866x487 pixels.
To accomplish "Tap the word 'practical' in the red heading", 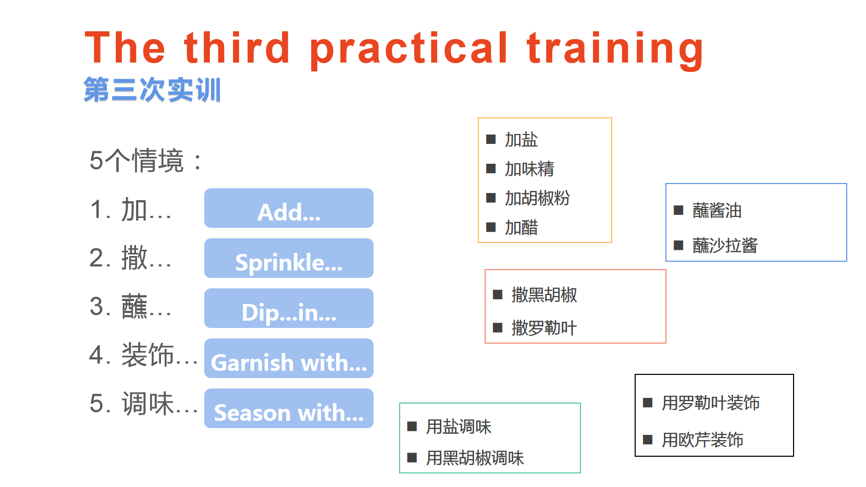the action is (x=409, y=51).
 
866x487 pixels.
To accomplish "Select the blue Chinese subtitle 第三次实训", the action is (x=152, y=89).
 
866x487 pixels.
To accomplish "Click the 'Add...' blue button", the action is (x=289, y=208).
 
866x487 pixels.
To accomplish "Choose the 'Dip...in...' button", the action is (x=289, y=308).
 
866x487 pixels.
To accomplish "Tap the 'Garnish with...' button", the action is (x=289, y=358).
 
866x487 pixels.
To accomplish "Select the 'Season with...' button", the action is (x=289, y=408).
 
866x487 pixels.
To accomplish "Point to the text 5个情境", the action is (x=136, y=160).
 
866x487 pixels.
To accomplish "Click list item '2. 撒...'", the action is (x=130, y=258).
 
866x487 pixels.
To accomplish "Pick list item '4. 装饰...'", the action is (x=143, y=355).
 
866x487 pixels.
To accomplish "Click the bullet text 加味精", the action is (x=529, y=169).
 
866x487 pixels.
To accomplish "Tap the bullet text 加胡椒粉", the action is (x=537, y=198).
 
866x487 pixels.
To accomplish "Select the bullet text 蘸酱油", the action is (x=717, y=211).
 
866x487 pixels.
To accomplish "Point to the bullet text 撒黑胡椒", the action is (x=545, y=295).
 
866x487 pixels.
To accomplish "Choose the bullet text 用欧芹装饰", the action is (x=702, y=440).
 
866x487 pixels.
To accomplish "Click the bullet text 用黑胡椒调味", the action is (x=475, y=458).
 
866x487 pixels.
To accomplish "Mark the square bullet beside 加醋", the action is (x=491, y=227).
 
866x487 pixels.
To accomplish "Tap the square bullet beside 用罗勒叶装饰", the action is (x=648, y=403).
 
